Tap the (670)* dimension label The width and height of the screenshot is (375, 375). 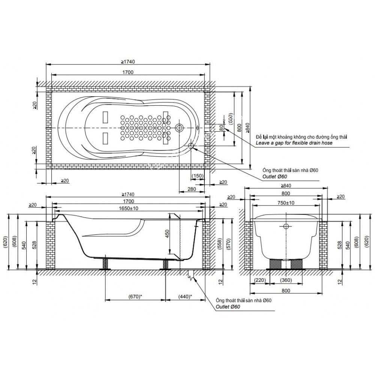pos(135,296)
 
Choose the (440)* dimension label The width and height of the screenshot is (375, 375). pos(185,296)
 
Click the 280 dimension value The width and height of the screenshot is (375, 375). pos(192,189)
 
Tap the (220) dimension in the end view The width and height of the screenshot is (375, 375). pos(260,280)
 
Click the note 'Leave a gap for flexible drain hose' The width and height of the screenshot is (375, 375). pos(294,143)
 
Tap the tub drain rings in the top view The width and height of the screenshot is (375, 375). pos(179,128)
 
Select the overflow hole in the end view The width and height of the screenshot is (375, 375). pos(286,226)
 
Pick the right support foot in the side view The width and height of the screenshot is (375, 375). pos(165,264)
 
